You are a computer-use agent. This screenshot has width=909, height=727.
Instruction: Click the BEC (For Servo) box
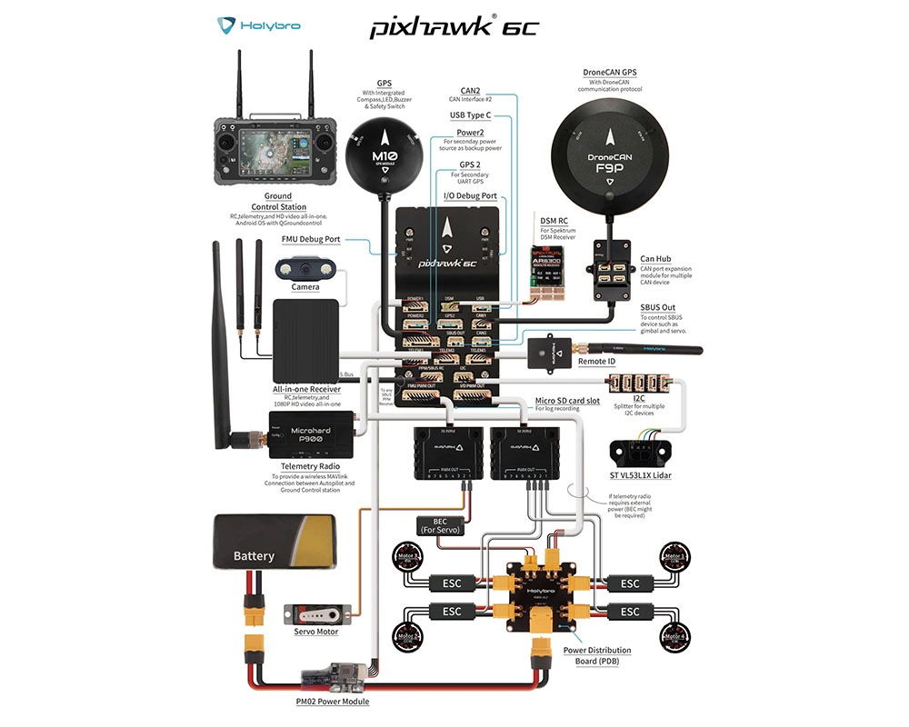pyautogui.click(x=440, y=525)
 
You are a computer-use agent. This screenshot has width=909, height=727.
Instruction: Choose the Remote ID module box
pyautogui.click(x=551, y=351)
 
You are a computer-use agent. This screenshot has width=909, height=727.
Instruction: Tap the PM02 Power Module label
pyautogui.click(x=333, y=701)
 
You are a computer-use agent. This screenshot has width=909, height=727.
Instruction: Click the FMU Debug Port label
pyautogui.click(x=312, y=240)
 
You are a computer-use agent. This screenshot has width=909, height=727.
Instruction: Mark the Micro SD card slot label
pyautogui.click(x=566, y=401)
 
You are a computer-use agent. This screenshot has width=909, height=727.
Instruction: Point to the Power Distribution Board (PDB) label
pyautogui.click(x=596, y=655)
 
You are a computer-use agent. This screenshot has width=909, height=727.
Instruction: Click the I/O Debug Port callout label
pyautogui.click(x=470, y=195)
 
